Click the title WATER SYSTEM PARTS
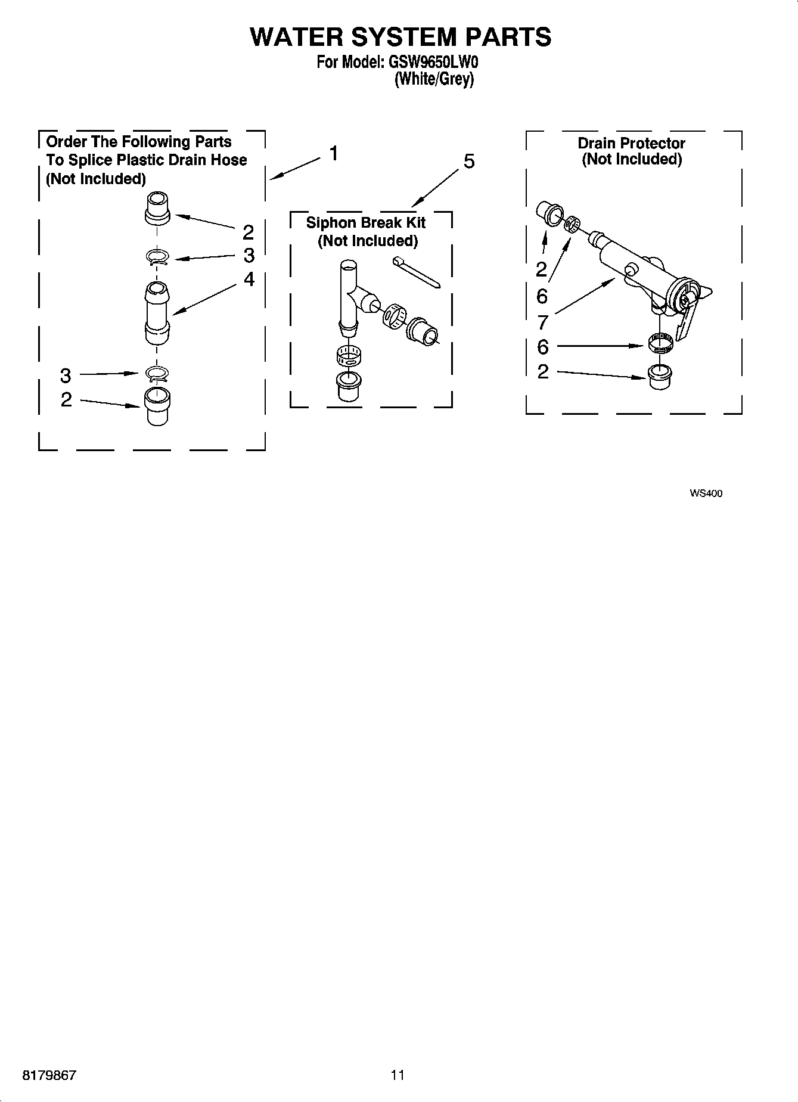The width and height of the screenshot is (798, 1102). click(400, 37)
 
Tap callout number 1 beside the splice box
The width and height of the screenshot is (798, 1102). click(334, 154)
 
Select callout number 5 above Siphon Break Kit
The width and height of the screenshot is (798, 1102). click(469, 162)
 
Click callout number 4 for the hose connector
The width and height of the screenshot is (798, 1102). click(249, 279)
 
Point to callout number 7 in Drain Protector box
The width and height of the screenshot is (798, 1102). click(542, 322)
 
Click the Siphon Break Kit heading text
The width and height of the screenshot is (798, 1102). click(365, 223)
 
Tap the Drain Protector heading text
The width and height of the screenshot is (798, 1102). click(631, 144)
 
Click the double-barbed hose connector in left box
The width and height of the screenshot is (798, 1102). click(157, 313)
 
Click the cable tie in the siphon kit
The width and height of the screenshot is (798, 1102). click(416, 272)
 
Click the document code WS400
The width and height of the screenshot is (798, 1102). click(706, 493)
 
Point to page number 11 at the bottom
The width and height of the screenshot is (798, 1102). click(398, 1075)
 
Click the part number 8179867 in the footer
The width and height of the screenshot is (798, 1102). click(49, 1075)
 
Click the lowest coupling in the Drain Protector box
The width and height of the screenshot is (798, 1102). click(660, 377)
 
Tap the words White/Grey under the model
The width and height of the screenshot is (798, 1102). click(434, 79)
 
